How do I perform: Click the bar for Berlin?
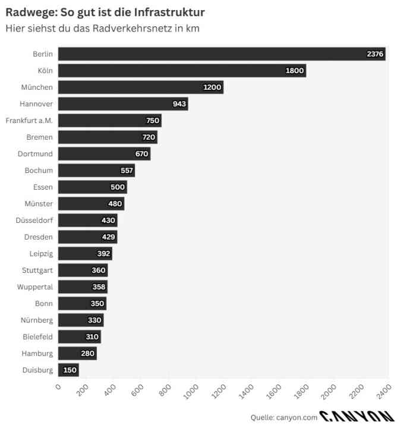(221, 54)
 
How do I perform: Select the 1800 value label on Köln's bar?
(294, 71)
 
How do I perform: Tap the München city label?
(37, 87)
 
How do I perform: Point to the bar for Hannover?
(123, 104)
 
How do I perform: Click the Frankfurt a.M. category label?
(29, 121)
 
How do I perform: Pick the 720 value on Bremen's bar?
(148, 137)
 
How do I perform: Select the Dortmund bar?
(104, 154)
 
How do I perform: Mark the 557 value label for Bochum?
(127, 171)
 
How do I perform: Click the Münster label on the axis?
(39, 204)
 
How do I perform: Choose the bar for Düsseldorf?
(87, 221)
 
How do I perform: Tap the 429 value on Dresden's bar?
(109, 237)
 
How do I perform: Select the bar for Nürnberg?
(81, 320)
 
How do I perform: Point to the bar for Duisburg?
(68, 370)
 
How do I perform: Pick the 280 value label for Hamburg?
(88, 354)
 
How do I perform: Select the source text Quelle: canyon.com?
(284, 417)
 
